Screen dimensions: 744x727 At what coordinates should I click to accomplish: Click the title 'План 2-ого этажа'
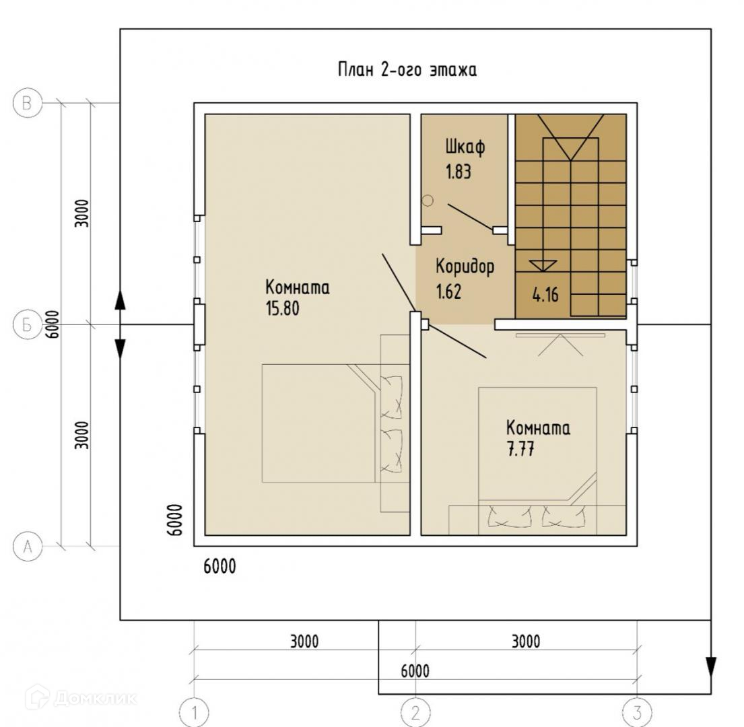pyautogui.click(x=407, y=70)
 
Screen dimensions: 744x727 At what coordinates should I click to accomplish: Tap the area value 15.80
pyautogui.click(x=282, y=308)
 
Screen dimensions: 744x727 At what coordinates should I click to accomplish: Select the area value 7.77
pyautogui.click(x=520, y=448)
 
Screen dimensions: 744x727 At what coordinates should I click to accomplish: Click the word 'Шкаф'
pyautogui.click(x=465, y=147)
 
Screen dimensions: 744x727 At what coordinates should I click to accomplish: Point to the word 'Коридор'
pyautogui.click(x=465, y=267)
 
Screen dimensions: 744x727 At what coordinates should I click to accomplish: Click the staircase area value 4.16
pyautogui.click(x=545, y=295)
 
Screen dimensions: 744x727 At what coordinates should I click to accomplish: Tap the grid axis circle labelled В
pyautogui.click(x=28, y=102)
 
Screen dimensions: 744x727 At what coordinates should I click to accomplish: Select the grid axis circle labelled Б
pyautogui.click(x=28, y=324)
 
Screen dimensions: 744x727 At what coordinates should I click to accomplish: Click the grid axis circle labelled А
pyautogui.click(x=28, y=547)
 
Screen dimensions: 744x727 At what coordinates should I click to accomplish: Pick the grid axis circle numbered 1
pyautogui.click(x=194, y=712)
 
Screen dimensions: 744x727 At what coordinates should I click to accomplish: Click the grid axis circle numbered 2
pyautogui.click(x=415, y=712)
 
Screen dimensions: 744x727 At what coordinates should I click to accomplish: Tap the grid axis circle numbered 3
pyautogui.click(x=637, y=712)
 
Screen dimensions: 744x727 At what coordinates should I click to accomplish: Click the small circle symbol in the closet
pyautogui.click(x=428, y=201)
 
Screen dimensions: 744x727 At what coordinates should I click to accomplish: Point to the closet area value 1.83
pyautogui.click(x=459, y=172)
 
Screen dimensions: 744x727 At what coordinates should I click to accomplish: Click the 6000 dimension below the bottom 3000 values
pyautogui.click(x=415, y=671)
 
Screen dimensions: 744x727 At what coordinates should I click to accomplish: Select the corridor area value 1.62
pyautogui.click(x=448, y=291)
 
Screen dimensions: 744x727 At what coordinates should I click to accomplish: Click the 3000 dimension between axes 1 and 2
pyautogui.click(x=304, y=642)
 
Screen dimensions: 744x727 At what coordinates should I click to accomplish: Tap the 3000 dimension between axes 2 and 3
pyautogui.click(x=526, y=642)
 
